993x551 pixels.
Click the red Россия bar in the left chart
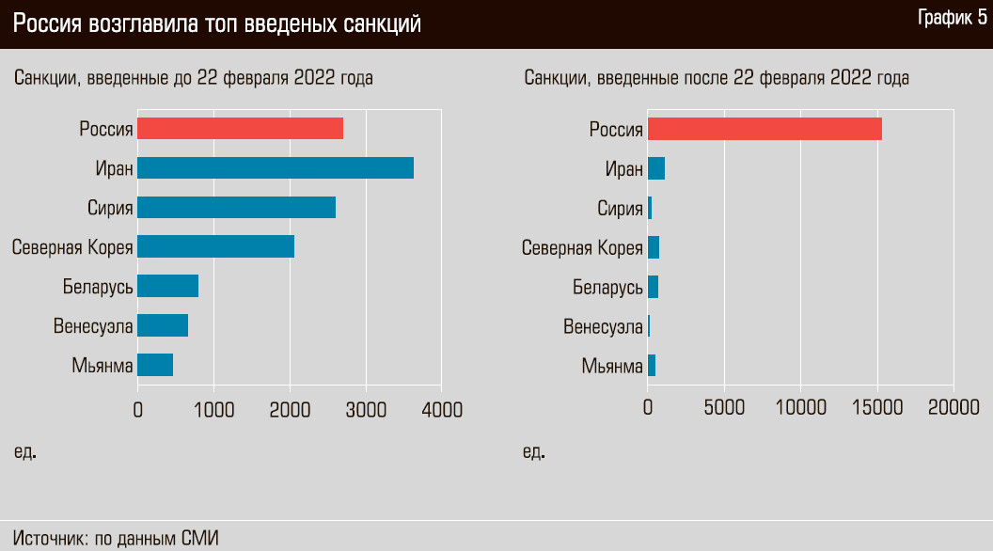240,129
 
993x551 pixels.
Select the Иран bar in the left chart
276,168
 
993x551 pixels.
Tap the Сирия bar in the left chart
236,208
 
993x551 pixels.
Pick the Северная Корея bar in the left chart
215,246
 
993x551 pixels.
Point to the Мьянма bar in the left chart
155,365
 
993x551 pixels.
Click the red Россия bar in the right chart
764,129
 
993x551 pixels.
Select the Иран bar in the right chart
656,168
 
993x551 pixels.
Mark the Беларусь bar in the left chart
167,286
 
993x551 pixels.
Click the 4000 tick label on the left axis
441,409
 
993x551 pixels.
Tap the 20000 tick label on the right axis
953,407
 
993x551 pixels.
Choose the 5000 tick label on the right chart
724,407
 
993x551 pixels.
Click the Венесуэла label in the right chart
603,326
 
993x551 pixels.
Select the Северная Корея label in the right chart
583,247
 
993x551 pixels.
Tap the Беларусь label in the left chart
98,286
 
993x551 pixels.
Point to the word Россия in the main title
47,24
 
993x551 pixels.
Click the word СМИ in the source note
199,539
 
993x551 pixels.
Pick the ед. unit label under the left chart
25,452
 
